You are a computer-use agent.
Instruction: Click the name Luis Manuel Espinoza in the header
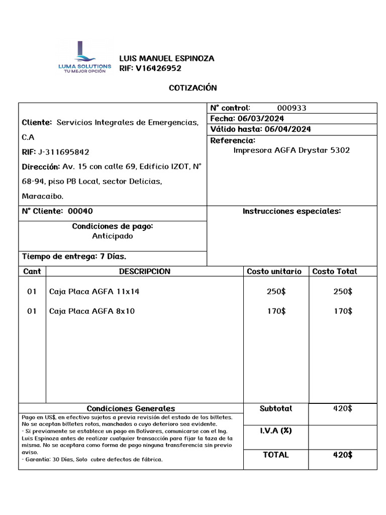coord(166,58)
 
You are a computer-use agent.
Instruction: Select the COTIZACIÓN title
coord(192,88)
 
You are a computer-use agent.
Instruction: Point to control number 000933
coord(292,108)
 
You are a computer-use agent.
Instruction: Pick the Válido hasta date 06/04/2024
coord(288,129)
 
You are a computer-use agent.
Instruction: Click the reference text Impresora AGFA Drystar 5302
coord(292,150)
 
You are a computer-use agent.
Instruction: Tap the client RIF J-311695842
coord(64,152)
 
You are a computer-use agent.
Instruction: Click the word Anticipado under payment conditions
coord(113,236)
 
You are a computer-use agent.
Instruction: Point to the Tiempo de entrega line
coord(74,256)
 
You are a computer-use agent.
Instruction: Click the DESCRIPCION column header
coord(144,272)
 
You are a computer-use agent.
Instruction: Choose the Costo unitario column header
coord(274,272)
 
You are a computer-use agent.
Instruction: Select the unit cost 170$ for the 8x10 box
coord(276,311)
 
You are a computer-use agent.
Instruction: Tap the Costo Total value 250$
coord(343,292)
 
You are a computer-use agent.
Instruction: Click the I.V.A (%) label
coord(275,431)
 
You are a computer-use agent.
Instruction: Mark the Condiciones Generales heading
coord(131,408)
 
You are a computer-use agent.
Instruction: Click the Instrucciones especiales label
coord(292,211)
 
